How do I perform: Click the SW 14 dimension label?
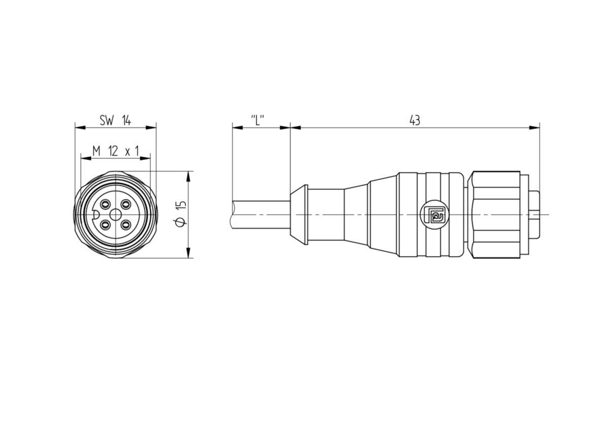tap(115, 120)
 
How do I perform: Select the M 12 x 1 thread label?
tap(116, 151)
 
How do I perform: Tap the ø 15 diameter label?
tap(180, 213)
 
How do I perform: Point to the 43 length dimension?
tap(415, 120)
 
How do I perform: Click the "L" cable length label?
tap(257, 120)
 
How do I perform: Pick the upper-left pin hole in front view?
tap(105, 204)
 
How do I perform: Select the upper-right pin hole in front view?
tap(126, 204)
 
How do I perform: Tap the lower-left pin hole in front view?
tap(105, 225)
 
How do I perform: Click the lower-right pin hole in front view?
tap(126, 225)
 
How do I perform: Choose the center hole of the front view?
tap(116, 214)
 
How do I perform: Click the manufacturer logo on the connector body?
tap(434, 214)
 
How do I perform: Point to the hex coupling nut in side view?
tap(496, 214)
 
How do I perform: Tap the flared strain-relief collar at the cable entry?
tap(299, 214)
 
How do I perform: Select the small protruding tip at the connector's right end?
tap(534, 214)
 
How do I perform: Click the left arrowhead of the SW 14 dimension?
tap(80, 128)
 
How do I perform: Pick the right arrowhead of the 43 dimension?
tap(534, 128)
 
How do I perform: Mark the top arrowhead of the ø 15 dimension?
tap(188, 176)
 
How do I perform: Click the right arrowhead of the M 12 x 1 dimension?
tap(145, 158)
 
